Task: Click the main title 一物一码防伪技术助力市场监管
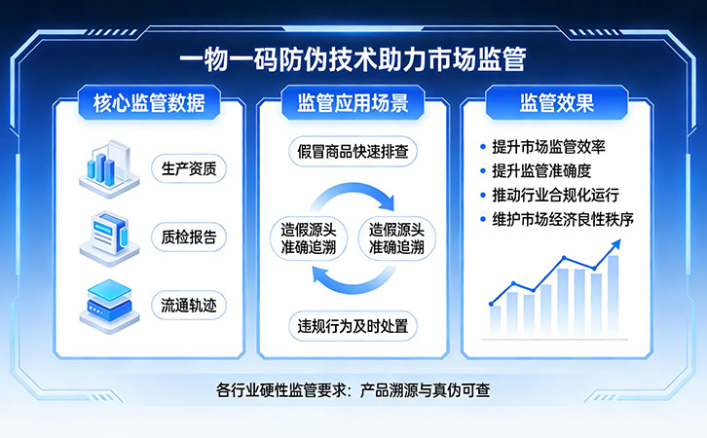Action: pyautogui.click(x=353, y=60)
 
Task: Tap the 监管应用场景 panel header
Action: pyautogui.click(x=353, y=102)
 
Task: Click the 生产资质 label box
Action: pyautogui.click(x=189, y=168)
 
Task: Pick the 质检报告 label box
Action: pyautogui.click(x=189, y=237)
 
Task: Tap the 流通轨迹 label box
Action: pyautogui.click(x=189, y=304)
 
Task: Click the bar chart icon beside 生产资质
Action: pyautogui.click(x=110, y=168)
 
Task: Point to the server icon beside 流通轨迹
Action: pyautogui.click(x=110, y=303)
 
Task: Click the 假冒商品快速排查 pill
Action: pyautogui.click(x=353, y=151)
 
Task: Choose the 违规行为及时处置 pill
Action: pyautogui.click(x=353, y=324)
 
